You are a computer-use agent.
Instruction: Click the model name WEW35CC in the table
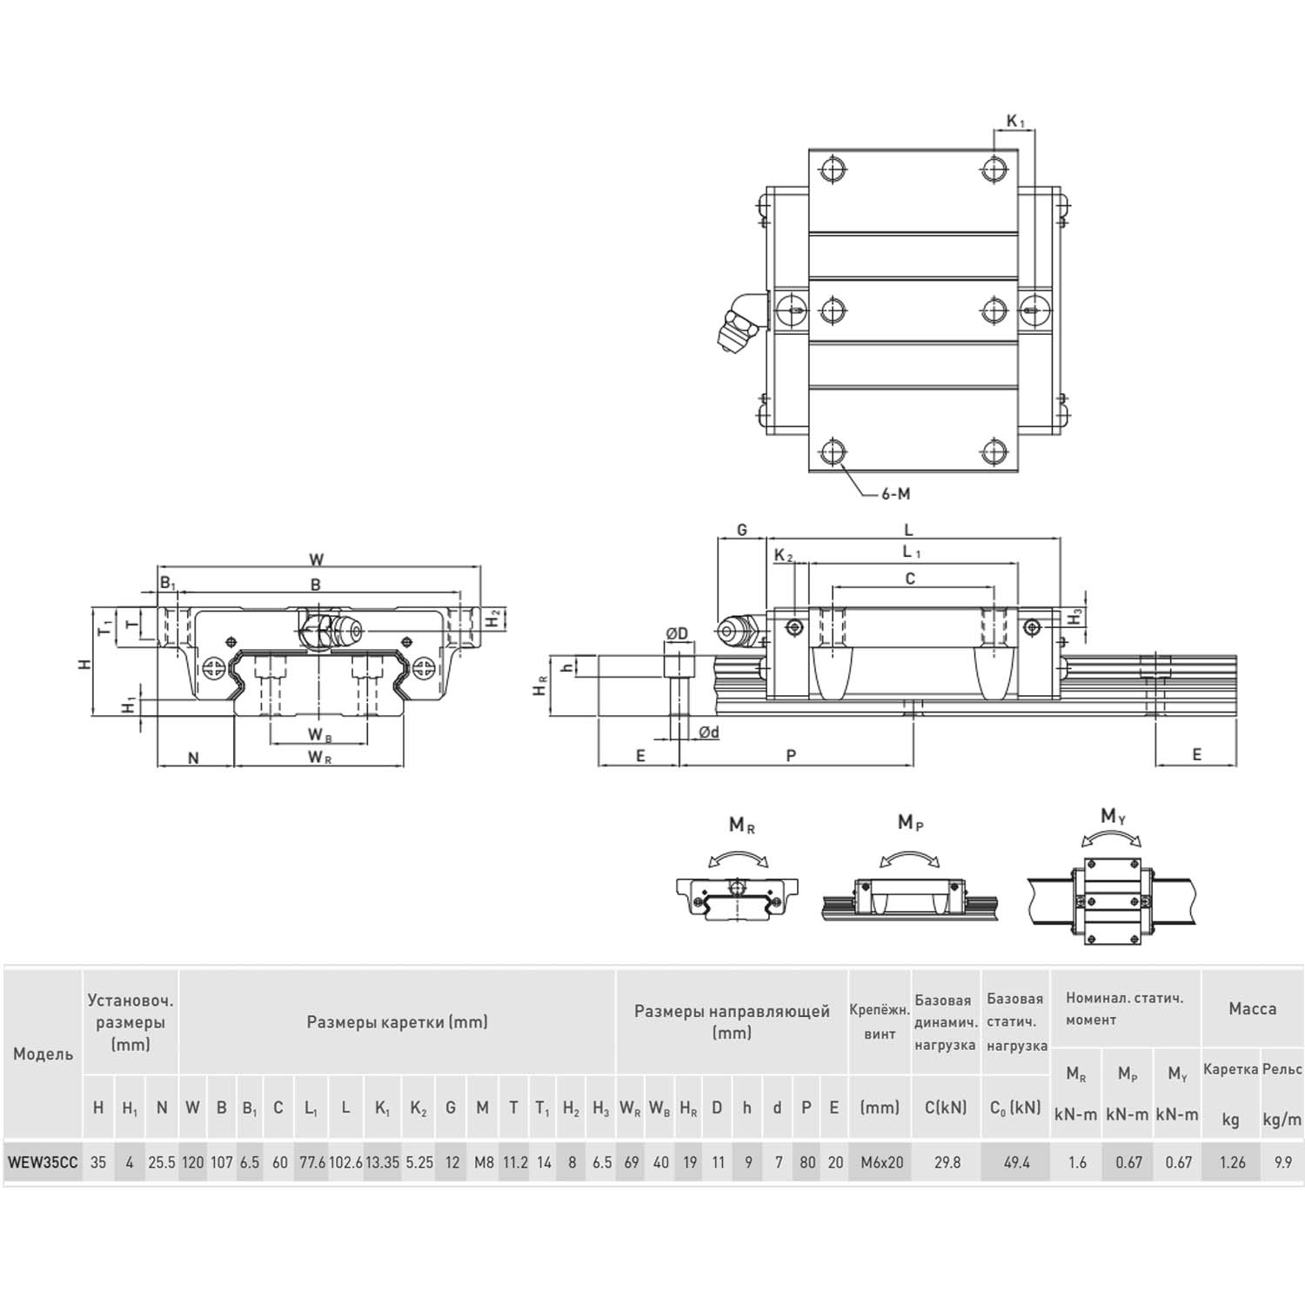43,1162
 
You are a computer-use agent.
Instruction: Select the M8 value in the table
483,1162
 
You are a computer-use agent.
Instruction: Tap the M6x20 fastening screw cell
881,1162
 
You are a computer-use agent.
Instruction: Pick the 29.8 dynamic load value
947,1162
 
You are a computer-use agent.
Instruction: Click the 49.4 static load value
1016,1162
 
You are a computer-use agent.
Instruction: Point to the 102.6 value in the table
345,1162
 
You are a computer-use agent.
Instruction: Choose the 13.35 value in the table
383,1162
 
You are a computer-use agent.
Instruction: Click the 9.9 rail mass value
1282,1162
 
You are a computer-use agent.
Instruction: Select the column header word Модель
43,1054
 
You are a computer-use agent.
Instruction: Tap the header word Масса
1253,1009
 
